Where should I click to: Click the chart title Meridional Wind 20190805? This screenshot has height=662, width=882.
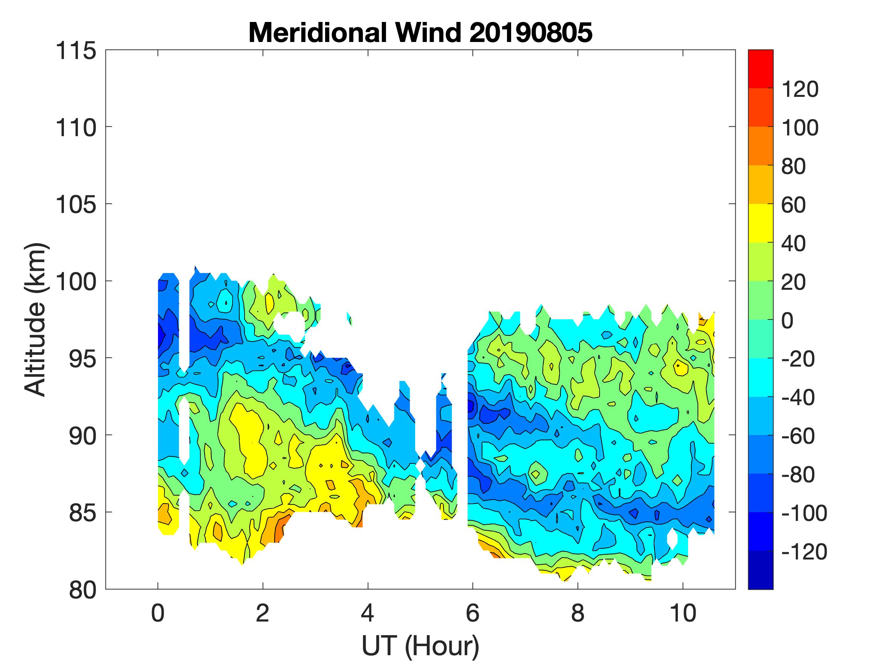pos(420,32)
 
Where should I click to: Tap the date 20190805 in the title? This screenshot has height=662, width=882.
pos(531,32)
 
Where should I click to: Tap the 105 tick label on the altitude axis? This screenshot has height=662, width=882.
pos(76,205)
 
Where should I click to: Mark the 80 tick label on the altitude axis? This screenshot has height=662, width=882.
pos(82,590)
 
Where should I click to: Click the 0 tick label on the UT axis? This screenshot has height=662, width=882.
pos(158,613)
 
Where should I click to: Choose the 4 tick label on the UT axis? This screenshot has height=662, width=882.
pos(367,613)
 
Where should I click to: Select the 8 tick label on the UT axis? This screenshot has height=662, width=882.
pos(578,613)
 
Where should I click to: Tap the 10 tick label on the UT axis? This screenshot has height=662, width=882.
pos(683,613)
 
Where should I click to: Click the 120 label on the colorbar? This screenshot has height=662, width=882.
pos(800,89)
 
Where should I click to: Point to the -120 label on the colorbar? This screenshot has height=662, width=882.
pos(804,552)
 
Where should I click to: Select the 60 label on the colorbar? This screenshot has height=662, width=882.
pos(794,205)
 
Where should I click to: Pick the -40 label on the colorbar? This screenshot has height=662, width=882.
pos(798,398)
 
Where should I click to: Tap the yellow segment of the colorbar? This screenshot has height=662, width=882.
pos(760,223)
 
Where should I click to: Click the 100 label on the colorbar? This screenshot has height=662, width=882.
pos(800,128)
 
